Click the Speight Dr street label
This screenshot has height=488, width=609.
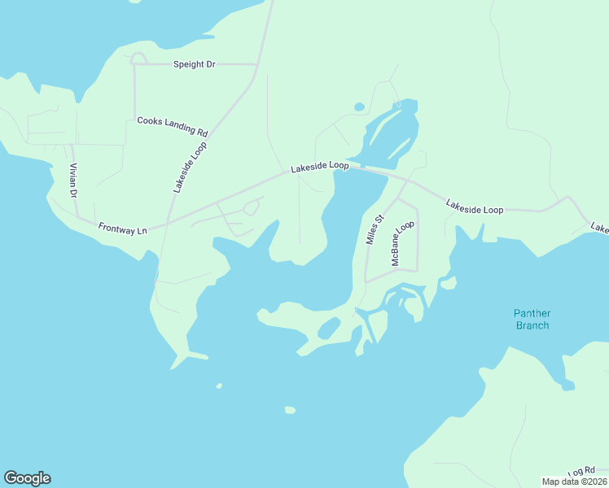pyautogui.click(x=194, y=63)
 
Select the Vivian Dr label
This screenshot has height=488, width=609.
pyautogui.click(x=72, y=181)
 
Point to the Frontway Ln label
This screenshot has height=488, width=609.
pyautogui.click(x=122, y=229)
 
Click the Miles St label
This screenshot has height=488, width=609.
pyautogui.click(x=374, y=230)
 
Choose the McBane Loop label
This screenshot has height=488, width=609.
pyautogui.click(x=403, y=243)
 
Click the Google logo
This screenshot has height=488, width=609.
pyautogui.click(x=27, y=478)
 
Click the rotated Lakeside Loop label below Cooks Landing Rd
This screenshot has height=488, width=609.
pyautogui.click(x=190, y=166)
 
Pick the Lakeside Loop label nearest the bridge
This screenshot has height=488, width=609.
pyautogui.click(x=320, y=166)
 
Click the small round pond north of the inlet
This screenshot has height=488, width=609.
pyautogui.click(x=358, y=107)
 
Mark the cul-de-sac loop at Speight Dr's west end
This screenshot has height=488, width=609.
pyautogui.click(x=138, y=58)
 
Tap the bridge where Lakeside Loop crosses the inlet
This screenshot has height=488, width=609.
pyautogui.click(x=362, y=168)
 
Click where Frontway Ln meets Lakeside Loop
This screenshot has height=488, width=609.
pyautogui.click(x=167, y=223)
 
